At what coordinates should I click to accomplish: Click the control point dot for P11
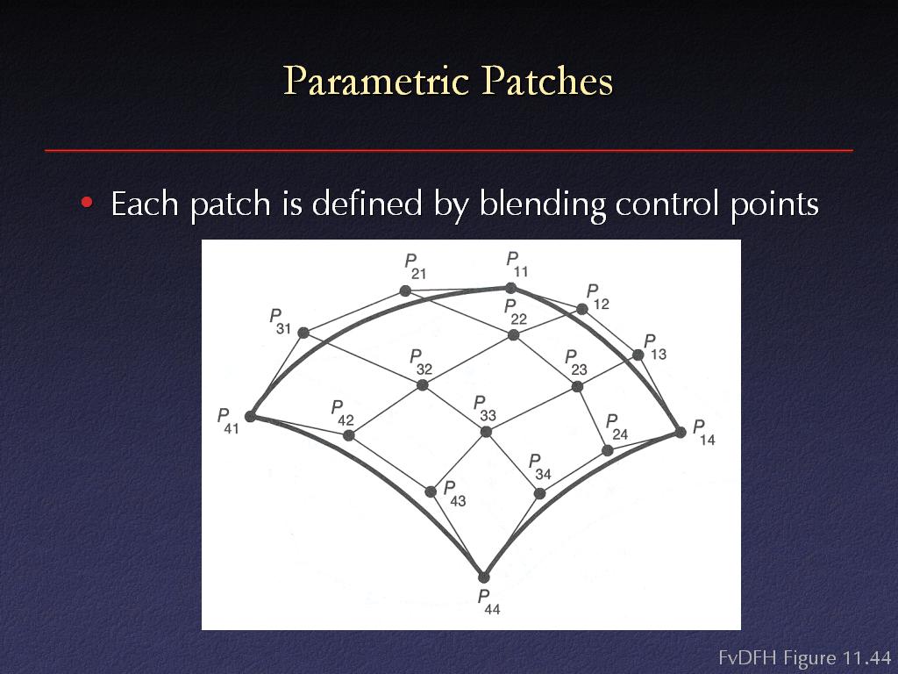511,288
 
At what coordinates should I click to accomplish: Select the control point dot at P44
484,577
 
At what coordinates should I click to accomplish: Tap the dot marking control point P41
250,416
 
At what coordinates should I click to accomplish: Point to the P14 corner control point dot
680,432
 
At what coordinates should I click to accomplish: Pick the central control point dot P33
486,432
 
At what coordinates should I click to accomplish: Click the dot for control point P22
514,334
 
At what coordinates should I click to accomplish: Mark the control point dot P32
422,385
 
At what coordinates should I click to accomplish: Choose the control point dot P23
577,387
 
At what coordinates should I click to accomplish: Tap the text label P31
280,321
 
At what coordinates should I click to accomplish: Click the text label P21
415,267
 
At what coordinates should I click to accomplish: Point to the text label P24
616,427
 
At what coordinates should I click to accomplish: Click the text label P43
455,494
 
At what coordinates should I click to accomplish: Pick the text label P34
539,467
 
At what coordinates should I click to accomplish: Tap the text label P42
343,413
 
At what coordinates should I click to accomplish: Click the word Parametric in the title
376,80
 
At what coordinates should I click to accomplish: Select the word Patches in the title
547,80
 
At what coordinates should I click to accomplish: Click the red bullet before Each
87,203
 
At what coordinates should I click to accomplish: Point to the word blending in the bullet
541,204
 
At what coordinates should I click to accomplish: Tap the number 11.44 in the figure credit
866,657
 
